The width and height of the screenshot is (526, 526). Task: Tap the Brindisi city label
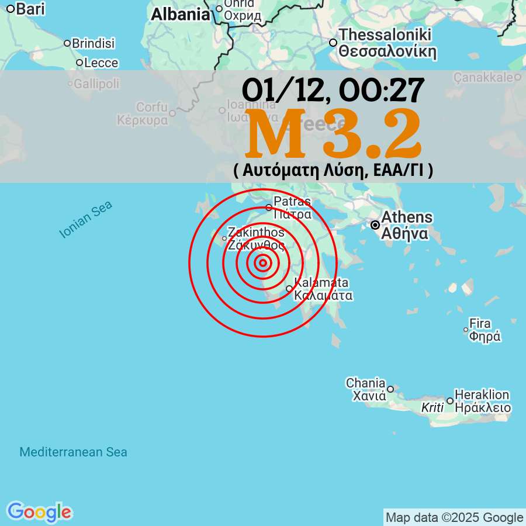pos(93,43)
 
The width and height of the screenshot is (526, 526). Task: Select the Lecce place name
pos(101,63)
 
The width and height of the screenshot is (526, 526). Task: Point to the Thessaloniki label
pos(385,35)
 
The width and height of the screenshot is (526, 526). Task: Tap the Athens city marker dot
pos(376,224)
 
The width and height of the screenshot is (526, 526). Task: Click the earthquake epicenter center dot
pos(263,263)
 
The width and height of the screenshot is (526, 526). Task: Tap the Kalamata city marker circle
pos(289,289)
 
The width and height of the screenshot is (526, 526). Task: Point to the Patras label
pos(292,202)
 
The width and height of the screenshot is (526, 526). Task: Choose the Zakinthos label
pos(256,232)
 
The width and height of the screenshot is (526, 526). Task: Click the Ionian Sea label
pos(86,219)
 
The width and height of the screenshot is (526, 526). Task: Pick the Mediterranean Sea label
pos(73,452)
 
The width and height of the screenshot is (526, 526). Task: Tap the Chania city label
pos(365,383)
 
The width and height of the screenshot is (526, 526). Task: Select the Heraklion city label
pos(482,395)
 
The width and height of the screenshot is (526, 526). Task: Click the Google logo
pos(39,512)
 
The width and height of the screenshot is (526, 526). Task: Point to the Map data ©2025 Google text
pos(454,517)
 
